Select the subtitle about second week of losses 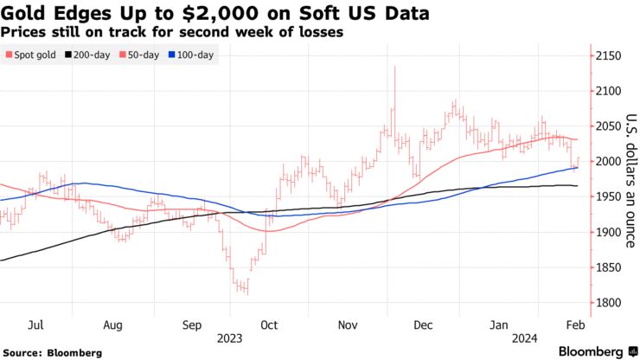click(x=173, y=32)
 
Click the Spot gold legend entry click(x=32, y=55)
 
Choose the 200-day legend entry click(x=93, y=55)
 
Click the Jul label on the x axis click(x=37, y=325)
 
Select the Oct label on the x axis click(x=269, y=325)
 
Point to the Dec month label click(x=424, y=325)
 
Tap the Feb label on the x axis click(x=574, y=325)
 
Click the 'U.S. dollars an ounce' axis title click(x=630, y=181)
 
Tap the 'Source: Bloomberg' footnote click(x=53, y=352)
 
